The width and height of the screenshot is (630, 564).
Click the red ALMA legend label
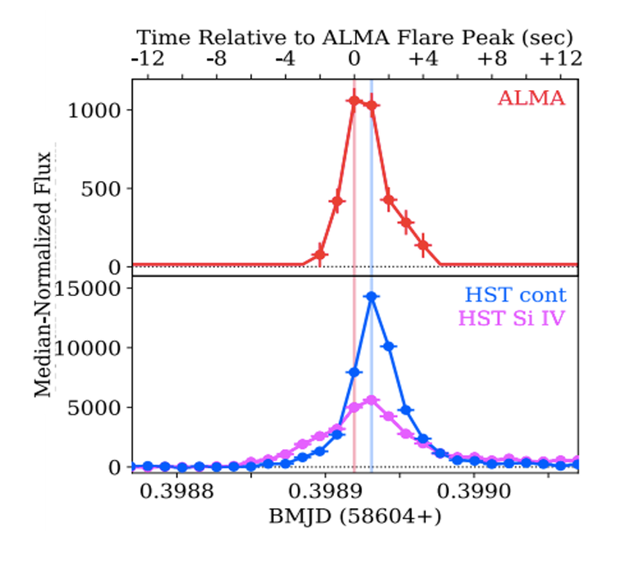coord(531,99)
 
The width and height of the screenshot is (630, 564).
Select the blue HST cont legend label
coord(515,295)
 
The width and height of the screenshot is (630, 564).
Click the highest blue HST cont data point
coord(372,297)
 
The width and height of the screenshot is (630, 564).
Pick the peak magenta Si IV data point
coord(371,400)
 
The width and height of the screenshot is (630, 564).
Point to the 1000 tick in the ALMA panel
coord(102,110)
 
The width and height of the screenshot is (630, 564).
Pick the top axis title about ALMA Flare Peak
coord(354,38)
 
